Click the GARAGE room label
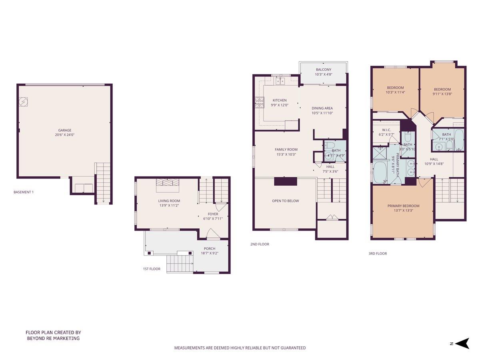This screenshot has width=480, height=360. [65, 130]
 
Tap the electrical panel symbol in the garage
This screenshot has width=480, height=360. [24, 102]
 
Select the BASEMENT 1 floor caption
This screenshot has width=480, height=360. [24, 192]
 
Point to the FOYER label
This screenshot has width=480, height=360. [213, 214]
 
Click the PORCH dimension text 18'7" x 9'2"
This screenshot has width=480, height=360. [210, 253]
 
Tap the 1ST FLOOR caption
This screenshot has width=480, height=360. [152, 269]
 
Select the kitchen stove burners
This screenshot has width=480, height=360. [258, 103]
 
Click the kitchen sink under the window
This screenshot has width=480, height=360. [280, 81]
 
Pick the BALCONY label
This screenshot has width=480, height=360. [323, 70]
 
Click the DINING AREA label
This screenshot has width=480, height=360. [322, 108]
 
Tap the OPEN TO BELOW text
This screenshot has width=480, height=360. [285, 201]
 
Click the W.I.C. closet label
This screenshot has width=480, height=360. [386, 130]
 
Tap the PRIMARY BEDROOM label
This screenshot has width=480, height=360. [402, 206]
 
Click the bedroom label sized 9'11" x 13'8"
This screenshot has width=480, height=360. [442, 89]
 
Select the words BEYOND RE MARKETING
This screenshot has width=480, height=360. [53, 338]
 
